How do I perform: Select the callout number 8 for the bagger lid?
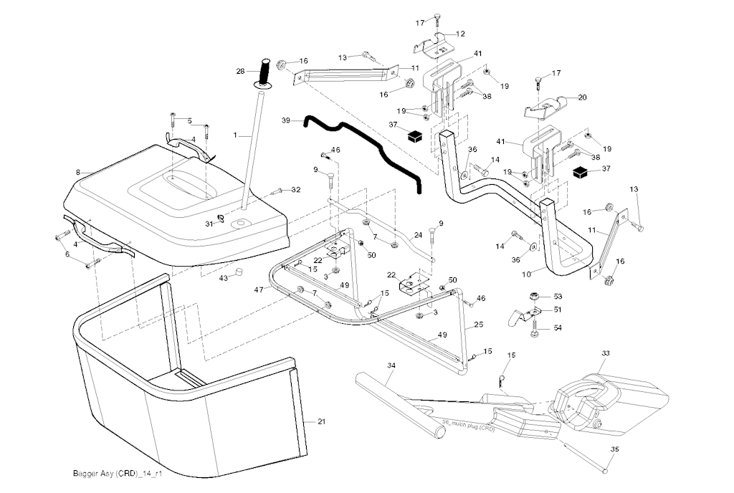click(77, 172)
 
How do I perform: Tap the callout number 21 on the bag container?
click(321, 421)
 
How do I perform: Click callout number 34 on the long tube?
click(391, 365)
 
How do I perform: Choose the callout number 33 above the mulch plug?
click(605, 353)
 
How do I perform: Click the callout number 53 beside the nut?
click(557, 295)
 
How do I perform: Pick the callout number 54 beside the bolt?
click(557, 327)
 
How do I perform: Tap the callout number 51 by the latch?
click(557, 310)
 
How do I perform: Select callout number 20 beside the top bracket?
click(582, 97)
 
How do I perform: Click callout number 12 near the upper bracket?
click(460, 34)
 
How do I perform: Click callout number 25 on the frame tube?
click(478, 325)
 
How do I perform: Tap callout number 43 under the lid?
click(223, 277)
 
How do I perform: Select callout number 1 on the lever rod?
click(234, 135)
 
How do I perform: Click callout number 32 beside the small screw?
click(296, 189)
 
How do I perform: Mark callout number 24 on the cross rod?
click(418, 234)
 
